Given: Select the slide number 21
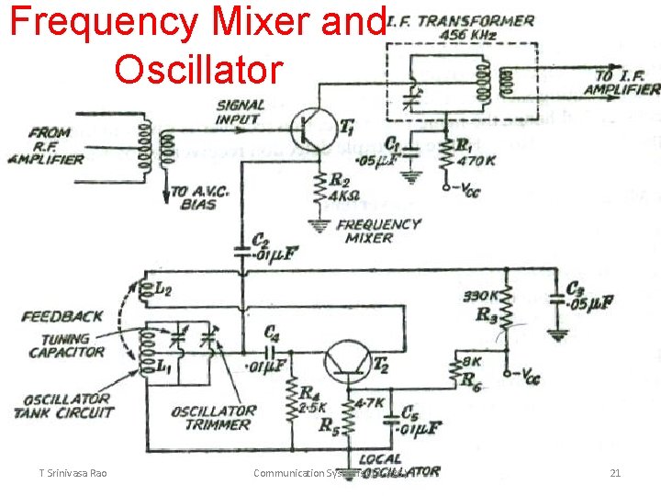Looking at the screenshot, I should (x=616, y=473).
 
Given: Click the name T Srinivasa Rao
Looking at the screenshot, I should (x=73, y=473).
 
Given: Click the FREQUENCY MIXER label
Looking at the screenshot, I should (x=378, y=231).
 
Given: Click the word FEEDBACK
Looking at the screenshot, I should (x=62, y=317).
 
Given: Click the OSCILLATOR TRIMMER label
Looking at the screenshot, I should (x=213, y=418).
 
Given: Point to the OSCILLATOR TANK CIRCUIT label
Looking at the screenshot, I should (x=62, y=406).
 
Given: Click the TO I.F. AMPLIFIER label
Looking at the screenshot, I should (x=621, y=83).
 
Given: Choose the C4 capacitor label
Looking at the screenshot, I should (x=272, y=333).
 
